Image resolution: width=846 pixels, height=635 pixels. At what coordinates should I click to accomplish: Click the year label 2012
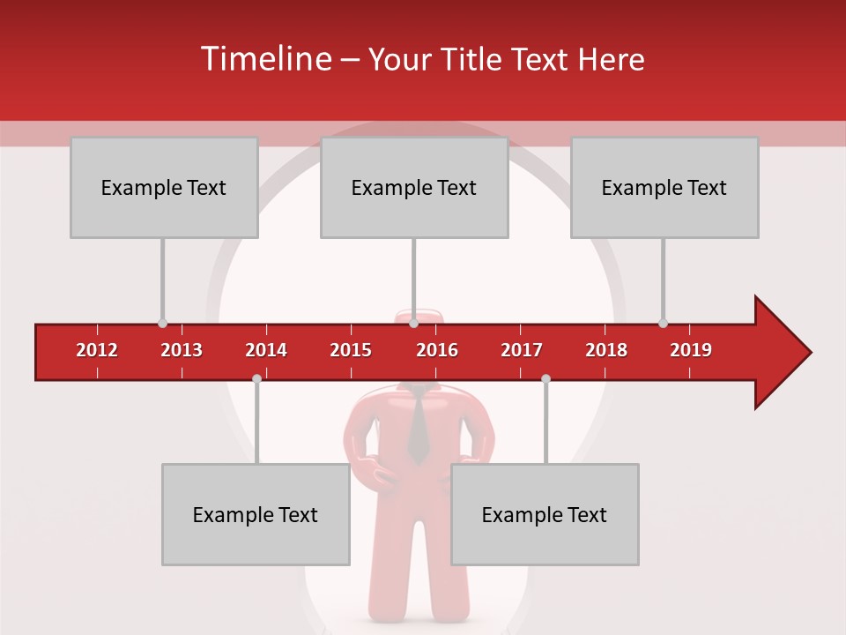point(97,350)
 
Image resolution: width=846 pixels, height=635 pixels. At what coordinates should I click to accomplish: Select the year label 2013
point(182,350)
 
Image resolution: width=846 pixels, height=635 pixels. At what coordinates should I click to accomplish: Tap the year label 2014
point(266,350)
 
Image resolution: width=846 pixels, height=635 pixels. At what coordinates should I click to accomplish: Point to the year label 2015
point(351,350)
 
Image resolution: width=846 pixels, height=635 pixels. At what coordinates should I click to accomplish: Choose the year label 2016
point(437,350)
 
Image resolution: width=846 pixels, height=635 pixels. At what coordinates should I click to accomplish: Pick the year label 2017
point(522,350)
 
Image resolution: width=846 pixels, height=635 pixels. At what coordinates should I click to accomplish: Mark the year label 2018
point(606,350)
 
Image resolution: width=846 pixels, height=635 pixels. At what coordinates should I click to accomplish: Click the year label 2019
point(691,350)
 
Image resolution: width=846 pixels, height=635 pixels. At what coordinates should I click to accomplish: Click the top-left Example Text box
point(164,187)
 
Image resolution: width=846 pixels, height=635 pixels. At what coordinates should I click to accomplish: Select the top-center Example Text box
point(414,187)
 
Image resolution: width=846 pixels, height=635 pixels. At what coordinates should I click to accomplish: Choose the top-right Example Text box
point(664,187)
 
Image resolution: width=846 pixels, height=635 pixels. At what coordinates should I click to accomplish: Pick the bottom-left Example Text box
point(256,514)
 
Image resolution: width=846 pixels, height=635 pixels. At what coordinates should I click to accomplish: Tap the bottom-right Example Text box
point(545,514)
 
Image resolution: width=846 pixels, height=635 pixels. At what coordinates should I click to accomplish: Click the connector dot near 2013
point(162,324)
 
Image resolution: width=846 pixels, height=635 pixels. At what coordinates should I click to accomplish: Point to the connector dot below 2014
point(256,378)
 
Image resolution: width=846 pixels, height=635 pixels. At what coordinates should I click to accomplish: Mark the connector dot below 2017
point(545,378)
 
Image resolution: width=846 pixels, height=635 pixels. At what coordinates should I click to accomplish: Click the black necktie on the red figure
point(418,429)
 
